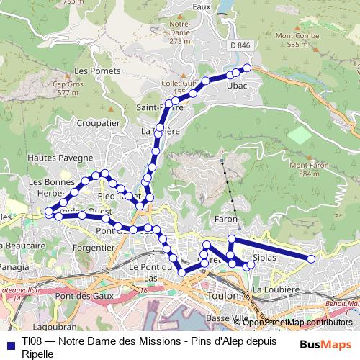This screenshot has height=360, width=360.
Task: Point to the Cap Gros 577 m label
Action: pos(66,88)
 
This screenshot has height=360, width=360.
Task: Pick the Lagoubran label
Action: pos(58,325)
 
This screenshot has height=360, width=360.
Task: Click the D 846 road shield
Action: pos(242,45)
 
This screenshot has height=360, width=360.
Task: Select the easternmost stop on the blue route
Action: pos(311,259)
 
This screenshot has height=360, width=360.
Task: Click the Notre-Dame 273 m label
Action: pos(178,32)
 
